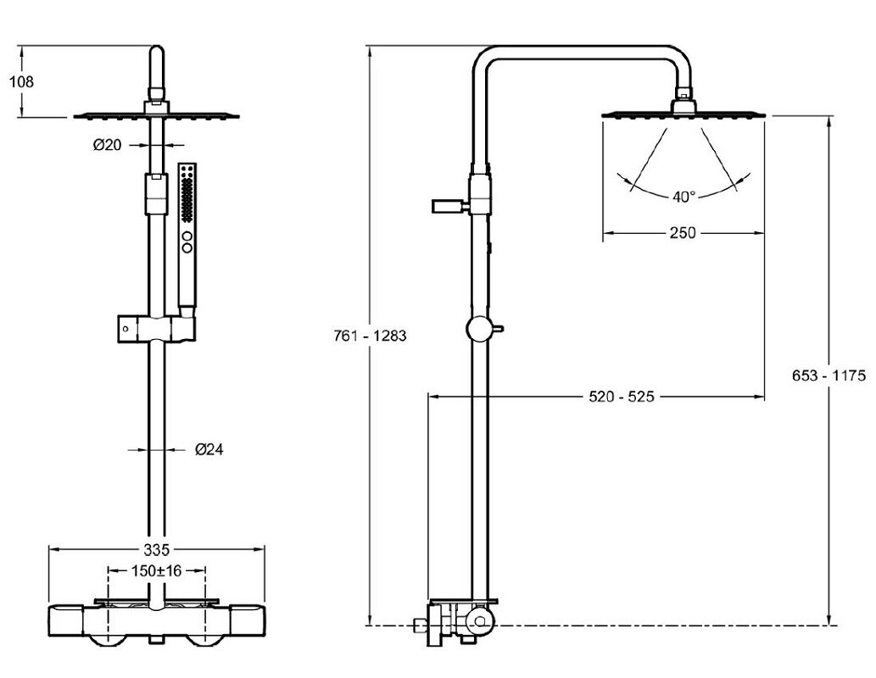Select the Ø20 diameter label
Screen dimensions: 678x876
(108, 145)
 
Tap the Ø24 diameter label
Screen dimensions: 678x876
(209, 449)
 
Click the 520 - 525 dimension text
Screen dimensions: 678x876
(622, 396)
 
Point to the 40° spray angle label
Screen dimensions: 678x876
(684, 197)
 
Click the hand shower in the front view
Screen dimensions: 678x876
(187, 229)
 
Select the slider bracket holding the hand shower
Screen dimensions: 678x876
(157, 326)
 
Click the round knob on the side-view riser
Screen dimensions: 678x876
(477, 329)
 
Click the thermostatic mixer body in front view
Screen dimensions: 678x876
(158, 623)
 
